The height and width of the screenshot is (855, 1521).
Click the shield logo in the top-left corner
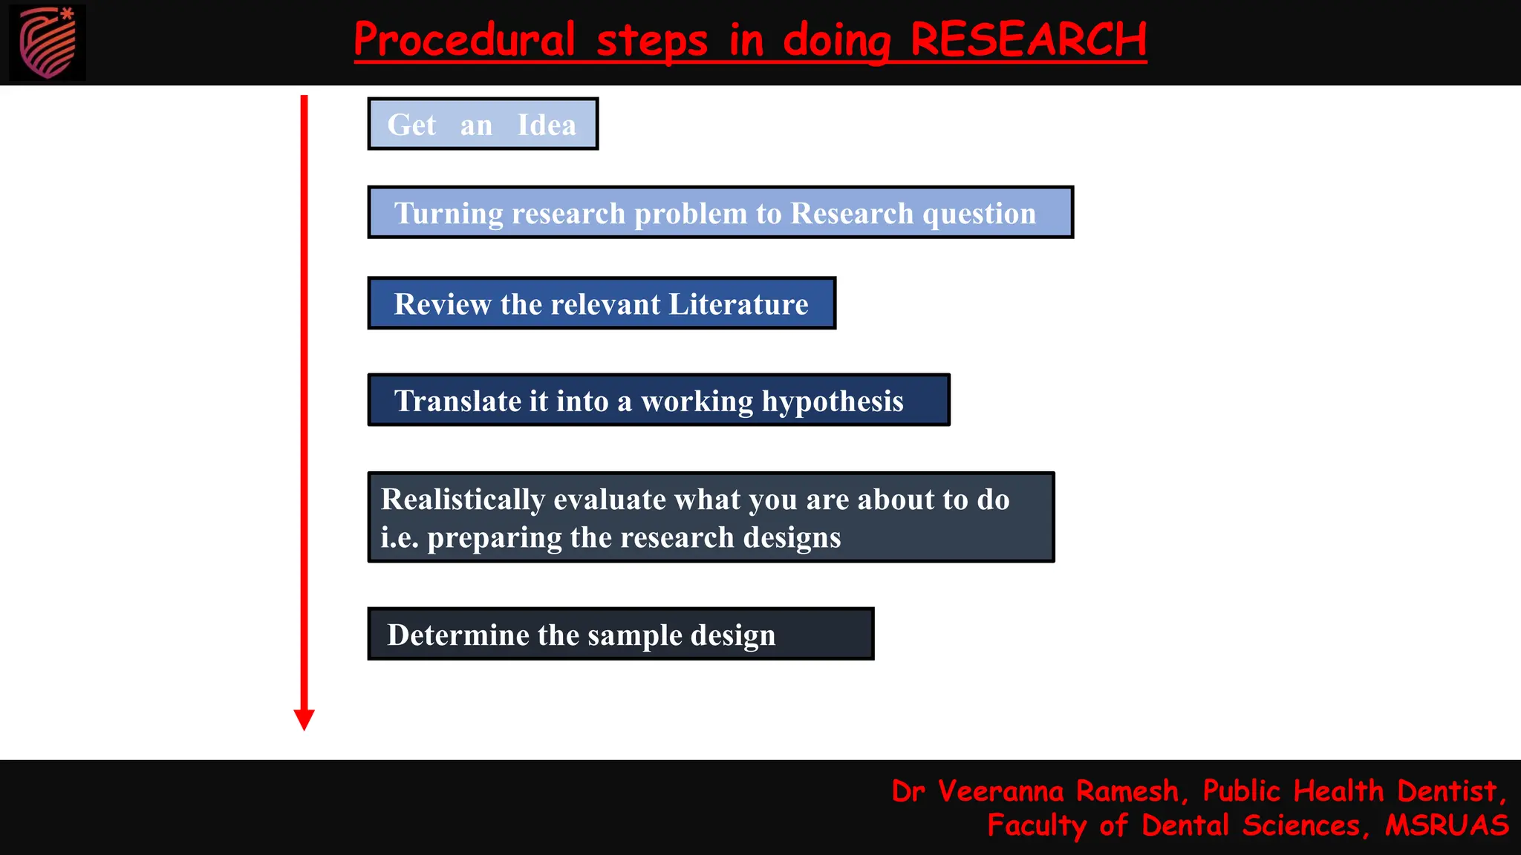tap(48, 42)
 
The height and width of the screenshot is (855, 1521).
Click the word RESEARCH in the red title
tap(1028, 39)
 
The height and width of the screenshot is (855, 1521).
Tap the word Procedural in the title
tap(464, 39)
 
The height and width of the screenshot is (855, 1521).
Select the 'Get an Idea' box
tap(483, 124)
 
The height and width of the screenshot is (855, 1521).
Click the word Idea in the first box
tap(547, 125)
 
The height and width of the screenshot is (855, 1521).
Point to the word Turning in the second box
tap(449, 214)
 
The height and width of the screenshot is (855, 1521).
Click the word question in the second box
tap(979, 214)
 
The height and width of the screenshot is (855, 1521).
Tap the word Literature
tap(738, 304)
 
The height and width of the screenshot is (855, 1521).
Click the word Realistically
tap(463, 499)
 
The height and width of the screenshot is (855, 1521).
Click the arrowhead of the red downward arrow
tap(304, 718)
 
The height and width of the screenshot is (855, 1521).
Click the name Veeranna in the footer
tap(1000, 791)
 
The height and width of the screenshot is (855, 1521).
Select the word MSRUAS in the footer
tap(1447, 825)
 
